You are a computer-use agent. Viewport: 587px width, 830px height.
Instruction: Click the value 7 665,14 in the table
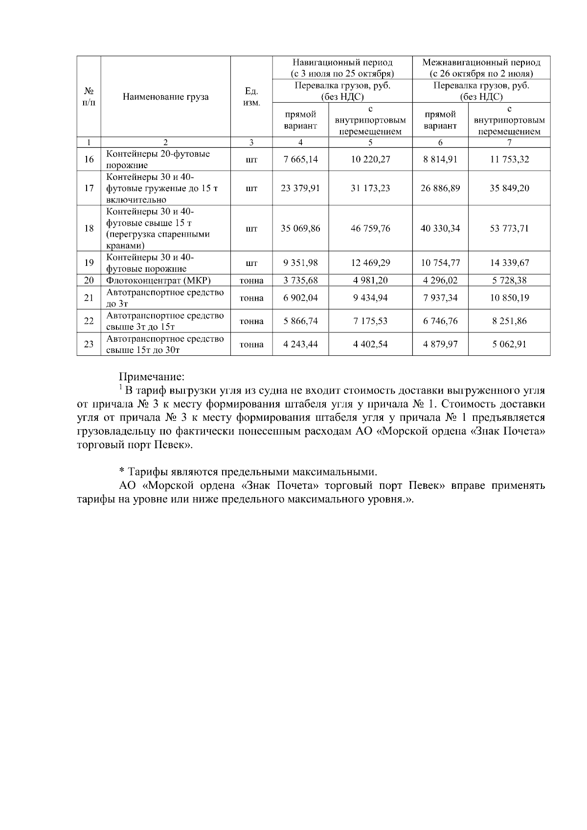(300, 159)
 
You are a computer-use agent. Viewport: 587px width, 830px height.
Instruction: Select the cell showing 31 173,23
(370, 188)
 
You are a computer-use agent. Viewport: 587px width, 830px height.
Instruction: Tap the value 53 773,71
(509, 228)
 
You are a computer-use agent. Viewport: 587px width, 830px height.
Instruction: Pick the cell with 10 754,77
(440, 263)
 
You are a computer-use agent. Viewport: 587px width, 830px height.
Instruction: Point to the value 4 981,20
(370, 281)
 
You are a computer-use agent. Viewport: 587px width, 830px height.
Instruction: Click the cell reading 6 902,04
(300, 298)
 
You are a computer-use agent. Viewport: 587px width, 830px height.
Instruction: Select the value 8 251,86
(509, 321)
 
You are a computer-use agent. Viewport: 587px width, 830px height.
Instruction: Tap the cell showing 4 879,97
(440, 344)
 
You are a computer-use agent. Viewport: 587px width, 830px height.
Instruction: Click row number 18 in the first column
(89, 228)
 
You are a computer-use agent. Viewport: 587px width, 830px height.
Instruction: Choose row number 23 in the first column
(89, 344)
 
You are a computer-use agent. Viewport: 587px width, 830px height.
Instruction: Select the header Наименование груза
(165, 97)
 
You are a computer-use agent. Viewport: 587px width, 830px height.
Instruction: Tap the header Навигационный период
(342, 63)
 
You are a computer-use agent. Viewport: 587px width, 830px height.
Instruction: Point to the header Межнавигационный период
(481, 63)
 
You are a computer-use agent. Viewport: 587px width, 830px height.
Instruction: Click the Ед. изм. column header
(251, 97)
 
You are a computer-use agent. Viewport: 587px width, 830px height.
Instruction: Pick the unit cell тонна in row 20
(251, 281)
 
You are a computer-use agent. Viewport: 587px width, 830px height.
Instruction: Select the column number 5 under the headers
(370, 142)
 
